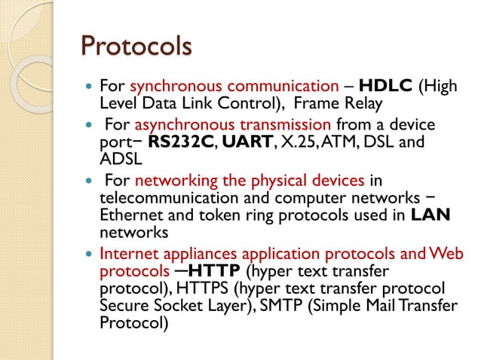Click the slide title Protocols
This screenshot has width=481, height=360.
click(x=136, y=47)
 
